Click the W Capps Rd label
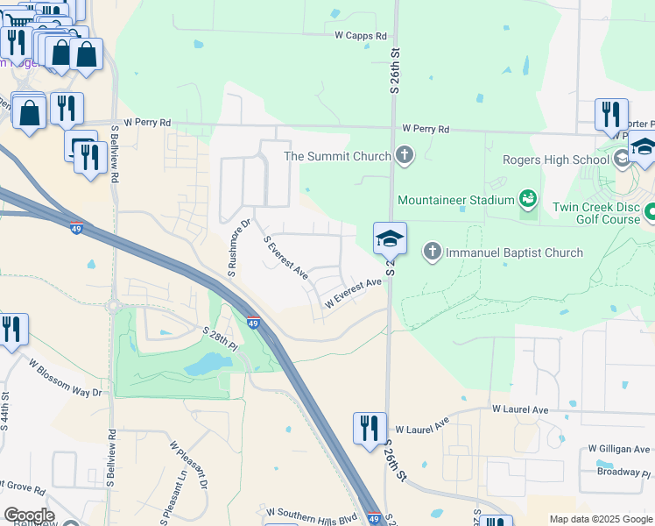[361, 36]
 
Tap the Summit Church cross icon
[404, 157]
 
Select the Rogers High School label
[555, 160]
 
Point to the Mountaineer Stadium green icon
[528, 200]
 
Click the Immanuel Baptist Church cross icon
[432, 252]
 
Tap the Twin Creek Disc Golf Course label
[595, 213]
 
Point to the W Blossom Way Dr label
[65, 378]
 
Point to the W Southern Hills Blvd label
[313, 512]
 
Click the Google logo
[29, 515]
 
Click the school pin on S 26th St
[389, 239]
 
